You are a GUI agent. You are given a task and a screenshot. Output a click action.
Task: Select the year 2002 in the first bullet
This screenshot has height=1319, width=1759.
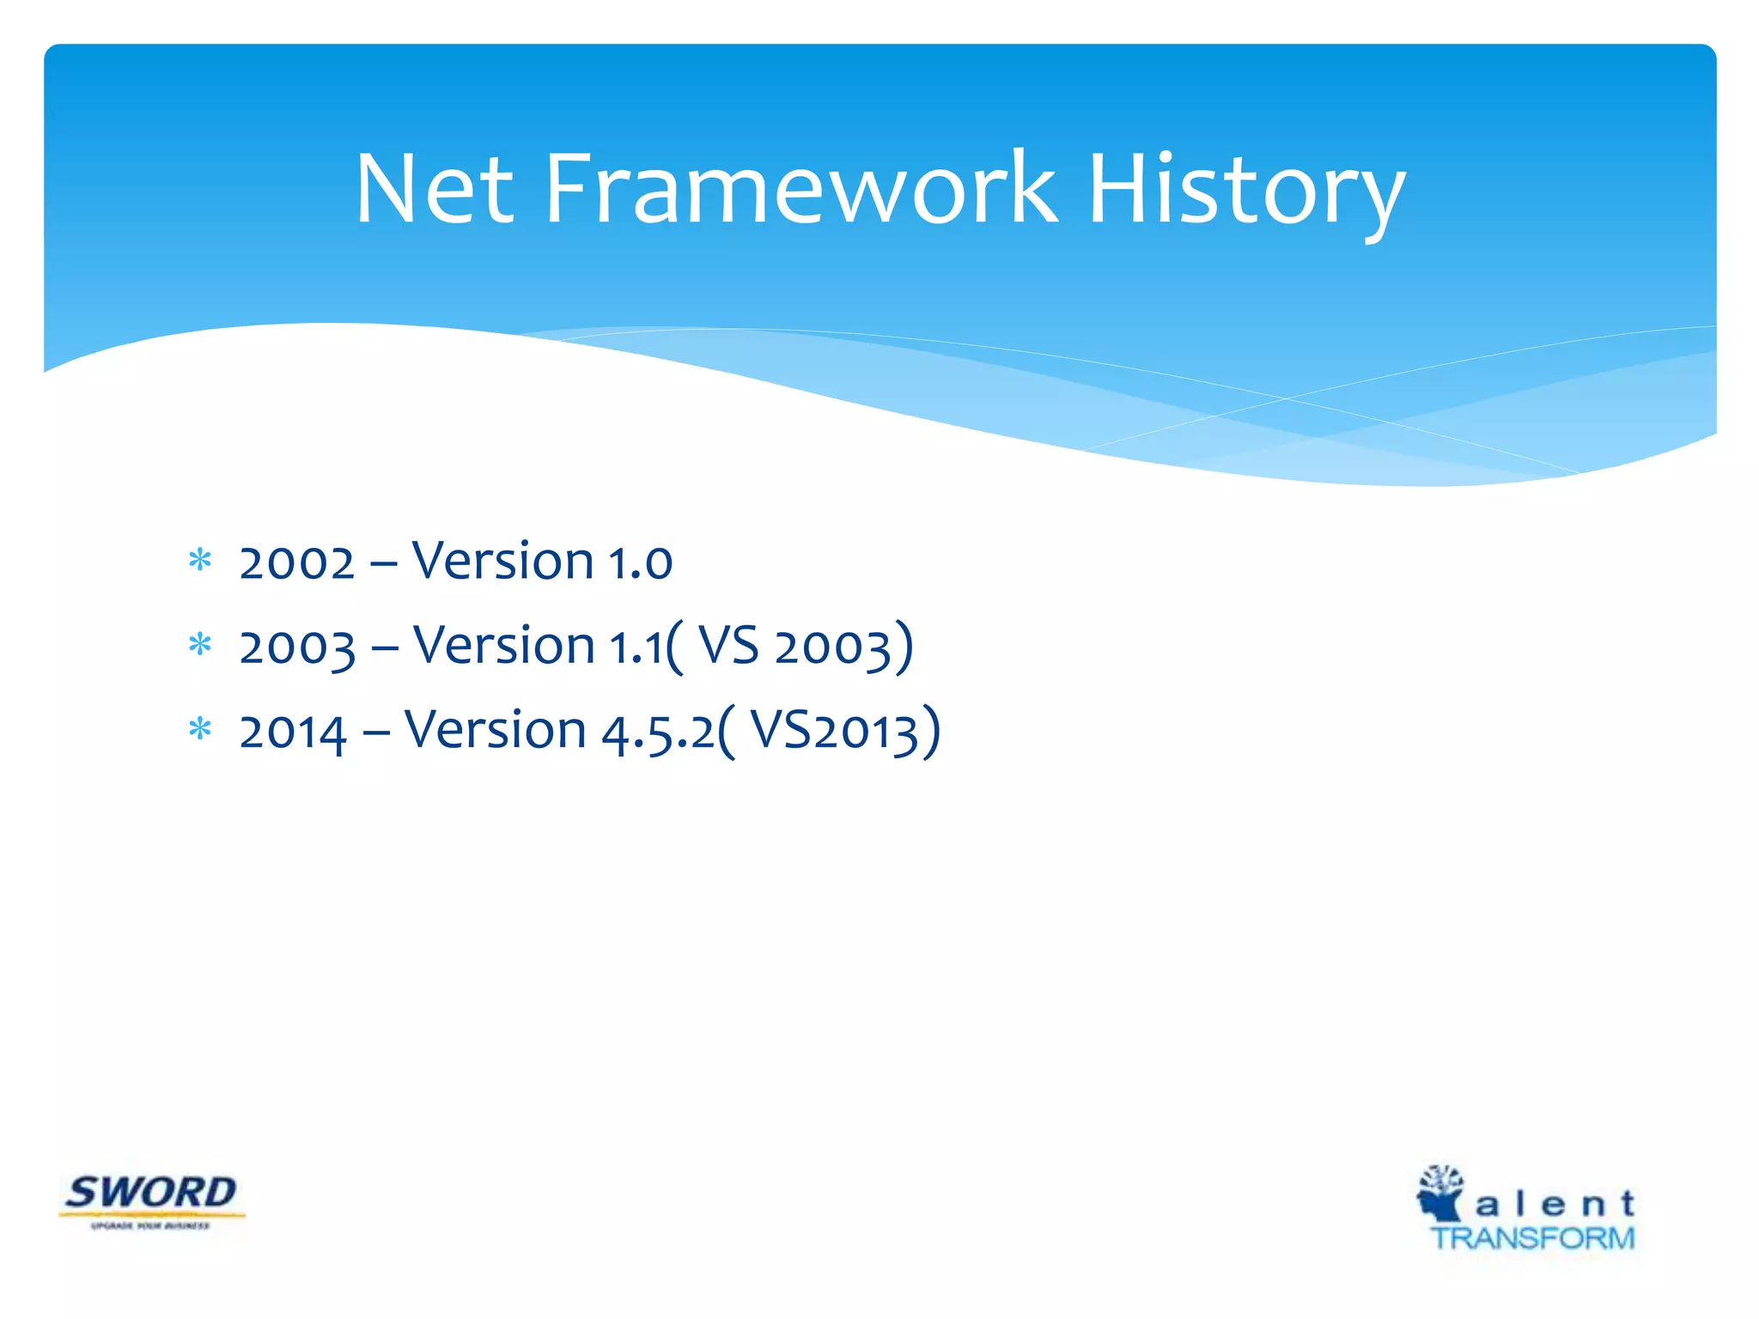(x=296, y=563)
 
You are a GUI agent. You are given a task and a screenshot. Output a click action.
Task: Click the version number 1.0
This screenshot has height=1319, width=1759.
(x=640, y=563)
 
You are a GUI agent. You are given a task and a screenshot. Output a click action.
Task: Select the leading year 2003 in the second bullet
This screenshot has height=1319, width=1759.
(x=297, y=647)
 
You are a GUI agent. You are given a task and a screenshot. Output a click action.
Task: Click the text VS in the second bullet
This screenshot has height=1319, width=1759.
(x=728, y=646)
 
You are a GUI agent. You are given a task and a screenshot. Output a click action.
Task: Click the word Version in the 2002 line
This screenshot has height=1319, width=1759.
(x=503, y=562)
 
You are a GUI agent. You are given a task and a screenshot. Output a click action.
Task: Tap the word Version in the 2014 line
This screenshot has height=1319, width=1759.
(x=496, y=731)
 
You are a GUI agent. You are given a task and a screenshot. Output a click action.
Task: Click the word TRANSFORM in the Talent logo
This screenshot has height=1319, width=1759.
(x=1532, y=1238)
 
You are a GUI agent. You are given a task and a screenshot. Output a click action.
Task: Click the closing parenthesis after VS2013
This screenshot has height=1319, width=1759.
(x=931, y=732)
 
